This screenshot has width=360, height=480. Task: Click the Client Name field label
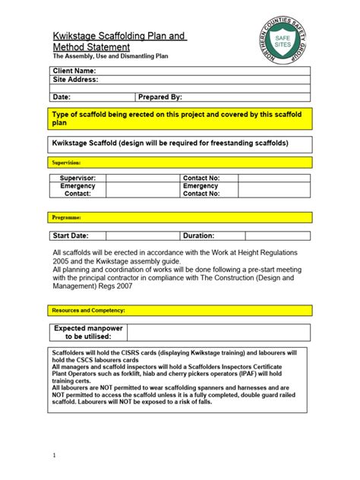pyautogui.click(x=74, y=71)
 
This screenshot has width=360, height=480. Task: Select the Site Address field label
pyautogui.click(x=75, y=80)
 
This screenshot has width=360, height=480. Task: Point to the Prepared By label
pyautogui.click(x=160, y=97)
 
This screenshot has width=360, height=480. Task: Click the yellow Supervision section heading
pyautogui.click(x=66, y=163)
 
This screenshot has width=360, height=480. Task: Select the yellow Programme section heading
pyautogui.click(x=66, y=218)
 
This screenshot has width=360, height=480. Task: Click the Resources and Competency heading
pyautogui.click(x=88, y=311)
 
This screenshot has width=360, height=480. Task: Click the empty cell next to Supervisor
pyautogui.click(x=142, y=178)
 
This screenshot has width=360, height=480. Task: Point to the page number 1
pyautogui.click(x=55, y=456)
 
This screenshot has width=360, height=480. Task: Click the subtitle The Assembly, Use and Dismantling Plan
pyautogui.click(x=110, y=57)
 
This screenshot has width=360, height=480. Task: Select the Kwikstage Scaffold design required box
pyautogui.click(x=170, y=142)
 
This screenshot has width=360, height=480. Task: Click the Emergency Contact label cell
pyautogui.click(x=77, y=190)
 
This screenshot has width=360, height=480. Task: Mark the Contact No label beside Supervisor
pyautogui.click(x=201, y=178)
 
